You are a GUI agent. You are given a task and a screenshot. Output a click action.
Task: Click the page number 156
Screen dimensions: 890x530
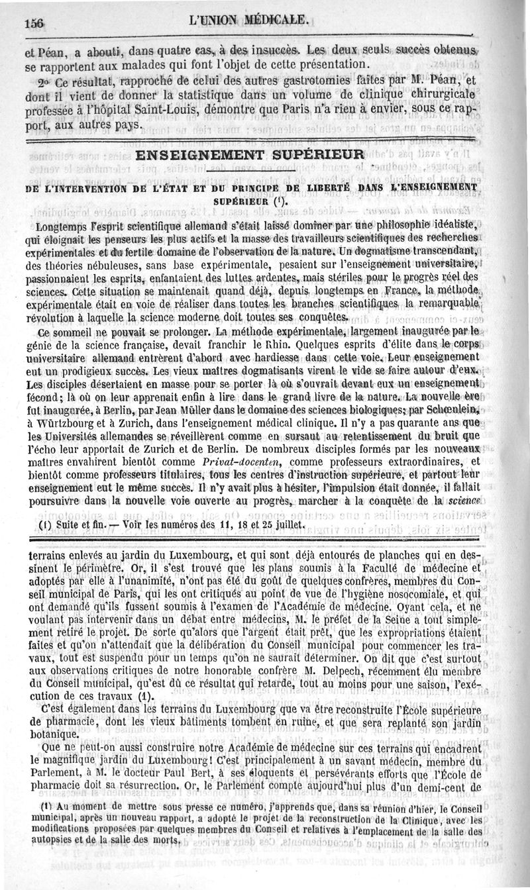pos(34,21)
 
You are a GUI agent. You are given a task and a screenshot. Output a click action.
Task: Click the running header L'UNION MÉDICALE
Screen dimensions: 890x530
pos(249,20)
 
